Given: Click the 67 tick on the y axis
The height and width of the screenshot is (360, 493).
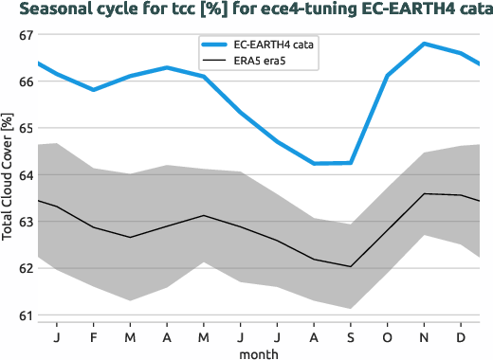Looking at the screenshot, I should coord(26,35).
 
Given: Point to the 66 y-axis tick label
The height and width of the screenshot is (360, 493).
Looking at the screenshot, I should coord(26,81).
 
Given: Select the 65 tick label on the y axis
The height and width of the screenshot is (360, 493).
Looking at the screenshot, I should coord(26,128).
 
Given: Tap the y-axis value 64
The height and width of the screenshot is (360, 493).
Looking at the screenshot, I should coord(26,175).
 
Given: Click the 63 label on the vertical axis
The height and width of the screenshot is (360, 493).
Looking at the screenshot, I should coord(26,222).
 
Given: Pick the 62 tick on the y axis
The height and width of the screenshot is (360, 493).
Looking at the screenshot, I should coord(26,268).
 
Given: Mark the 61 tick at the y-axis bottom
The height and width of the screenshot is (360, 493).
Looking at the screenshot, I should coord(26,315).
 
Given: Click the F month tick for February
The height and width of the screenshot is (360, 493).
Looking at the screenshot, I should coord(93,336).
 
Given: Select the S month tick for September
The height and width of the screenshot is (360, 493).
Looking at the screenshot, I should coord(351,336).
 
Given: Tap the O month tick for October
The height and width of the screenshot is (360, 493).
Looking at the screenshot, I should coord(388,336).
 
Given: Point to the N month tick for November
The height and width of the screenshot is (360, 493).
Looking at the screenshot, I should coord(425,336).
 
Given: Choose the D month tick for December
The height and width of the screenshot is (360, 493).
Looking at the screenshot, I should coord(461,336).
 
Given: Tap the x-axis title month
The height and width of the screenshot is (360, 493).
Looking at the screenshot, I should coord(259,353).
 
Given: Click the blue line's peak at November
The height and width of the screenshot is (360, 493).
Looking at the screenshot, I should coord(425,44).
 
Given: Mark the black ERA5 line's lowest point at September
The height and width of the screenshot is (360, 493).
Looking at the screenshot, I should coord(351,266).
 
